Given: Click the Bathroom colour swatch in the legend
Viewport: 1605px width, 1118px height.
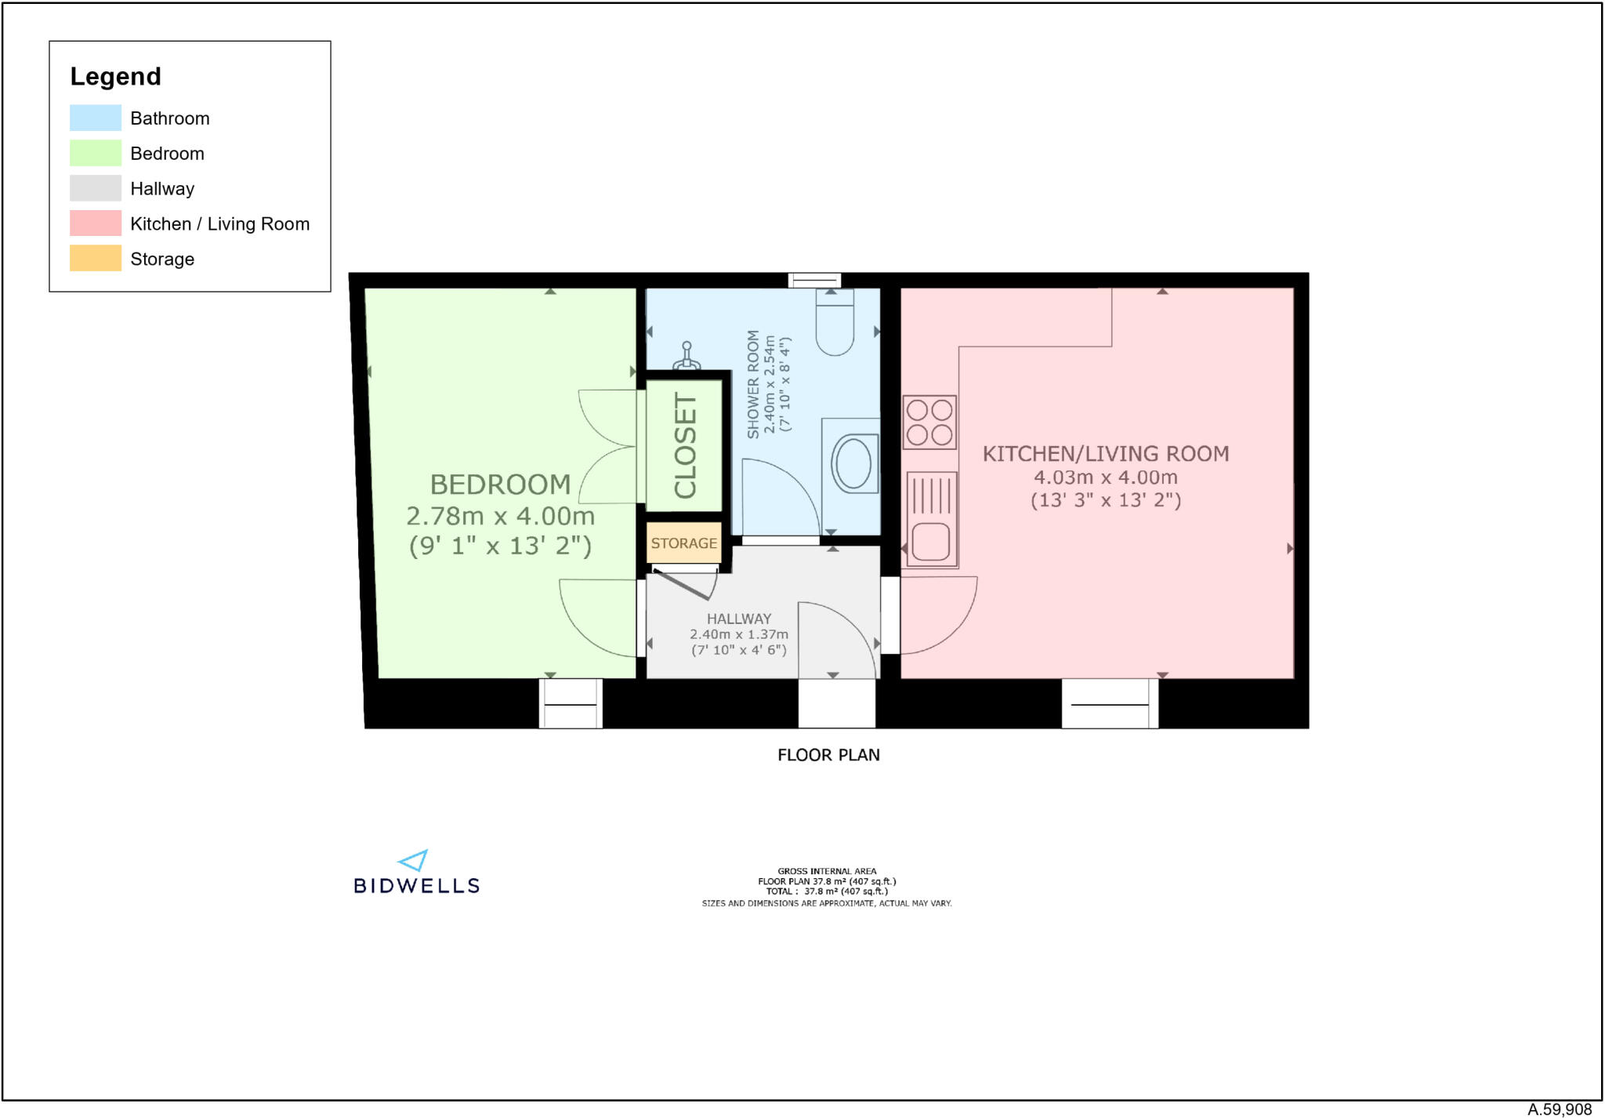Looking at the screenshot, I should pos(95,118).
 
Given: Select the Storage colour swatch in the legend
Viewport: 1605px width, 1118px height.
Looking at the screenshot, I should pos(95,258).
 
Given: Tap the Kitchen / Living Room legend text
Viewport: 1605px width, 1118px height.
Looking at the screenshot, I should pos(219,224).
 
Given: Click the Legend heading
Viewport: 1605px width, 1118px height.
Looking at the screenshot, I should pos(115,76).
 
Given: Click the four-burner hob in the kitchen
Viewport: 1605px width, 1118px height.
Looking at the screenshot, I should pos(929,422).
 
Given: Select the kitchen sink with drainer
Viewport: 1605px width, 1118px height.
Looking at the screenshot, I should pos(931,518).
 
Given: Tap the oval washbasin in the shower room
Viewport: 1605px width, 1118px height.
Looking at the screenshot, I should pos(853,463).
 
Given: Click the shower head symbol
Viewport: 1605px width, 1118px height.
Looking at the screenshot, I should pos(687,356).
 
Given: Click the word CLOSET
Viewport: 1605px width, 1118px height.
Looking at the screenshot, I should pos(685,445).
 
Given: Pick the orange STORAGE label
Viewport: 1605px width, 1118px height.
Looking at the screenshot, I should pos(683,543).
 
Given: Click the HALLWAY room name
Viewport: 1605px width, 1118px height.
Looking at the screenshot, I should pos(738,619).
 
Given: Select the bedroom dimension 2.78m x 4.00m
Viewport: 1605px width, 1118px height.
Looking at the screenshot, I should pos(500,516).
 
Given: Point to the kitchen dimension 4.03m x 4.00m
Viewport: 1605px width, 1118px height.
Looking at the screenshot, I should pos(1105,477).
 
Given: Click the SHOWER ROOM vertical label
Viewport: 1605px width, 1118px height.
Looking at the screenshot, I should pos(753,384).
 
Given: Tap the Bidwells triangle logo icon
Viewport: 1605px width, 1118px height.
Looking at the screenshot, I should pos(414,861).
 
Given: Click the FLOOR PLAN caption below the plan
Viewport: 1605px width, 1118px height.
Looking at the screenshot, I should pos(828,755).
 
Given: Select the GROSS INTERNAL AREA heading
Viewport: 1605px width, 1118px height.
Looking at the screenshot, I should pos(827,871).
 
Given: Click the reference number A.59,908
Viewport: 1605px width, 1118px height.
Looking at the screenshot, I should pos(1559,1109).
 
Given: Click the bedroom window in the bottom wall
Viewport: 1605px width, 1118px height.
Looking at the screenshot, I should pos(571,703).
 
